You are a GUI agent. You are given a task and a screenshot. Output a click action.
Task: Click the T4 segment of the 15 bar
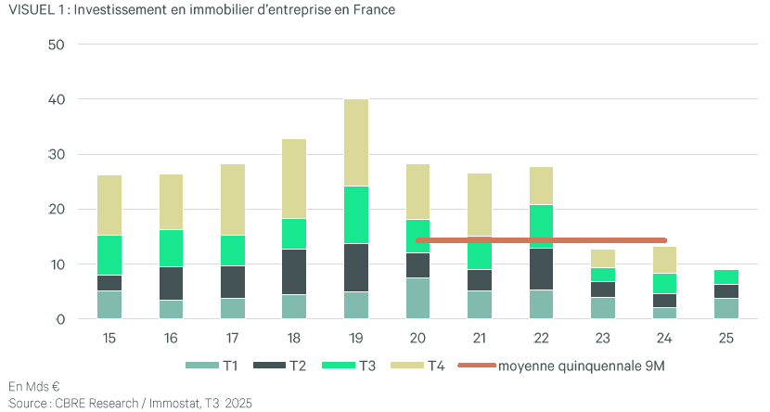click(x=109, y=205)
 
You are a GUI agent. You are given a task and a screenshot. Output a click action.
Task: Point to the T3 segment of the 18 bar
click(x=294, y=234)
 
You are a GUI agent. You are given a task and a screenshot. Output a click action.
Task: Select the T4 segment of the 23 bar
click(x=602, y=258)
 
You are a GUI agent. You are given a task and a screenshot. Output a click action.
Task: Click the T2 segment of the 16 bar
click(x=172, y=283)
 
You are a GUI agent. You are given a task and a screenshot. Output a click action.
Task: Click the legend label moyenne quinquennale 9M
click(x=581, y=366)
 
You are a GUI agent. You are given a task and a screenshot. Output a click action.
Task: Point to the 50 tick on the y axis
click(x=57, y=44)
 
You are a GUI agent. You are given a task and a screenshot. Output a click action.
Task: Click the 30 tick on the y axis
click(x=57, y=154)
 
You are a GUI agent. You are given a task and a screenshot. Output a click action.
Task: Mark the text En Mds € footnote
click(x=34, y=386)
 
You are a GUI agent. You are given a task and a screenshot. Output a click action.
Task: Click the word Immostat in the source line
click(x=161, y=404)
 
